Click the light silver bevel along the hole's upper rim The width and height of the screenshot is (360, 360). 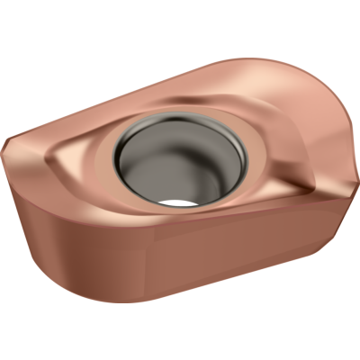point(180,119)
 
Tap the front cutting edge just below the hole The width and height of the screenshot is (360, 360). point(180,219)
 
